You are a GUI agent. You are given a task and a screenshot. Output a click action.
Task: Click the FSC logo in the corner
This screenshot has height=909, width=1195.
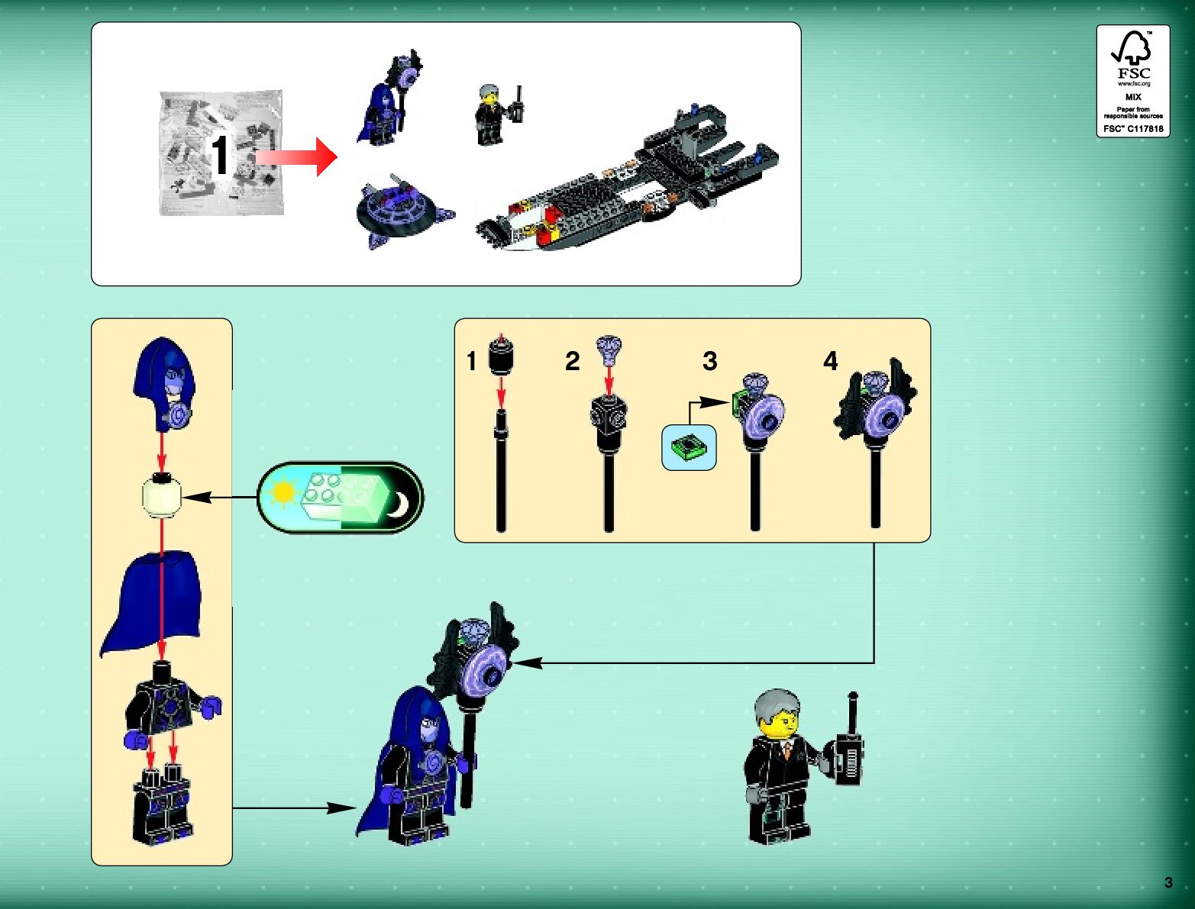click(1133, 80)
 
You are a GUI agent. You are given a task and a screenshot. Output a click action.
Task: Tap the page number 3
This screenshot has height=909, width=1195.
click(1168, 882)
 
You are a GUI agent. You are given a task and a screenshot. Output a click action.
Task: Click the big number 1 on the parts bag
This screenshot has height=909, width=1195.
click(219, 156)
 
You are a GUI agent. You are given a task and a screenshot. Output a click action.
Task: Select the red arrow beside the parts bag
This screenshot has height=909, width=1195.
click(298, 156)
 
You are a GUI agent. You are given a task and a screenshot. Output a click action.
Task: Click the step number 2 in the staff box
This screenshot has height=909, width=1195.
click(572, 361)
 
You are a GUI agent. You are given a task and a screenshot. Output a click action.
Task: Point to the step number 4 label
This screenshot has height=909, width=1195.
click(830, 360)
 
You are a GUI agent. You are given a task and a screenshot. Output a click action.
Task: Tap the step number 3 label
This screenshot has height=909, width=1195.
click(709, 361)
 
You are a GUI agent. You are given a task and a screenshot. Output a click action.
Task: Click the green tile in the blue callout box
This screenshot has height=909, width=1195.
click(689, 446)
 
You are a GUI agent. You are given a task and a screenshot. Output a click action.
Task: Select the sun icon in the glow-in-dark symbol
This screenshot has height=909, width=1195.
click(283, 493)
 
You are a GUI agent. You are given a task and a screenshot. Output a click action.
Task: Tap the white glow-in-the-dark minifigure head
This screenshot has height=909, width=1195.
click(162, 496)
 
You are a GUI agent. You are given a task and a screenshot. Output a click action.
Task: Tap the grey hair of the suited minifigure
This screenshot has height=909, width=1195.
click(776, 706)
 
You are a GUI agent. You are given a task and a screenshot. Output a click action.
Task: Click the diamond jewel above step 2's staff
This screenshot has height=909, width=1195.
click(609, 348)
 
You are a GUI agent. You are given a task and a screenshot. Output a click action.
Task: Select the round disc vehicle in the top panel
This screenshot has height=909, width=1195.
click(400, 210)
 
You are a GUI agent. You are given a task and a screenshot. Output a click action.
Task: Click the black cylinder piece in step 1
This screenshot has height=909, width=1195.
click(500, 356)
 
